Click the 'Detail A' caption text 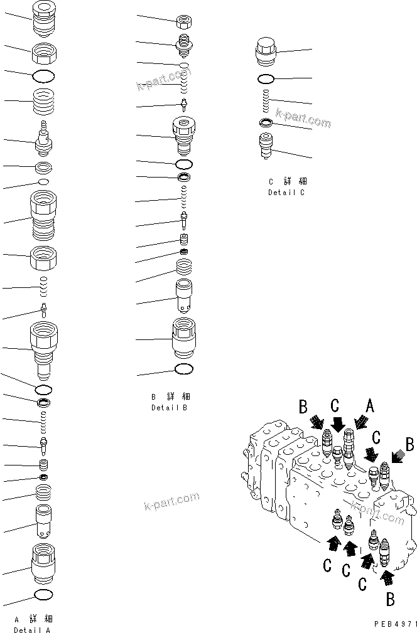tap(32, 629)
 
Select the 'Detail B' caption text tap(169, 407)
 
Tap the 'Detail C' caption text tap(286, 193)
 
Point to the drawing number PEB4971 tap(393, 625)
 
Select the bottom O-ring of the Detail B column tap(183, 369)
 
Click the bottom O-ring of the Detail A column tap(43, 594)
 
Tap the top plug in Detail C tap(266, 51)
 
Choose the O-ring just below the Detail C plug tap(266, 79)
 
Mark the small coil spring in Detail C tap(266, 99)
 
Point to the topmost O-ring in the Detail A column tap(43, 76)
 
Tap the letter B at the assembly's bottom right tap(389, 599)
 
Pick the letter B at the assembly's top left tap(303, 407)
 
